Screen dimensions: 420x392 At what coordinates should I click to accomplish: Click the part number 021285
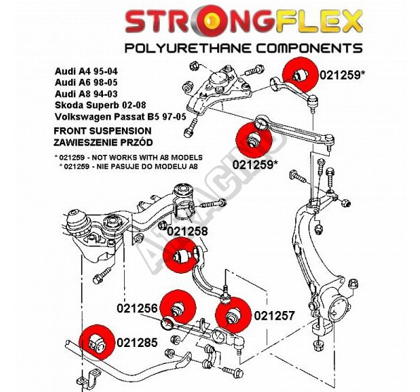click(x=137, y=343)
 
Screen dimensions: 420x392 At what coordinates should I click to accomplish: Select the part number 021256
click(x=137, y=308)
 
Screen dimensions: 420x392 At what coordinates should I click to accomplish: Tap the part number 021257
click(x=274, y=316)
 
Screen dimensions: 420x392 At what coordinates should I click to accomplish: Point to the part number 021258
click(x=187, y=232)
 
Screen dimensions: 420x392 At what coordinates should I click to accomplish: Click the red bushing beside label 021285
click(x=97, y=342)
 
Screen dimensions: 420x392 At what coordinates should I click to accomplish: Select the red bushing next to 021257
click(x=233, y=315)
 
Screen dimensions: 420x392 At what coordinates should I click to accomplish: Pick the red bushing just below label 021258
click(x=180, y=255)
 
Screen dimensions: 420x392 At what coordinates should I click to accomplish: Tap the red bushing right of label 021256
click(x=178, y=307)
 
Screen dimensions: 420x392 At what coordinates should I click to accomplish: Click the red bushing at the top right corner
click(x=300, y=75)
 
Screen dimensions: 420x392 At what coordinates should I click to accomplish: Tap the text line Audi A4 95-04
click(x=86, y=71)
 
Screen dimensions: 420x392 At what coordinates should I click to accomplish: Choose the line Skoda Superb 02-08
click(x=101, y=105)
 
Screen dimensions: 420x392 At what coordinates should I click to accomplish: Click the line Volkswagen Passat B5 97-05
click(x=121, y=117)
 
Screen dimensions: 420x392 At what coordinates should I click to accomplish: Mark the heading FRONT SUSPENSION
click(x=103, y=131)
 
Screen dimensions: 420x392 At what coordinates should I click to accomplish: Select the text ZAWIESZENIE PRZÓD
click(x=103, y=142)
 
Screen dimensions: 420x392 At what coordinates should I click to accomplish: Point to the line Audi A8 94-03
click(x=86, y=94)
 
